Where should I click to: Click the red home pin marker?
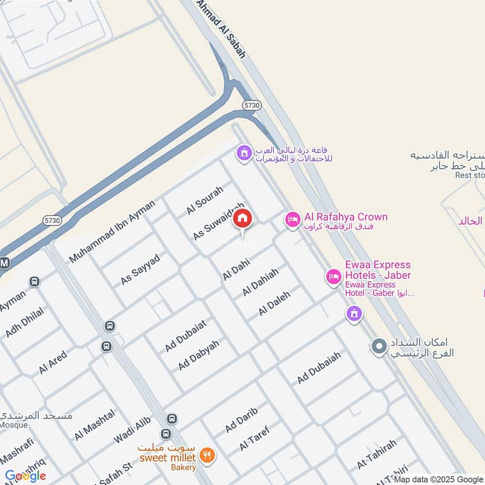click(242, 219)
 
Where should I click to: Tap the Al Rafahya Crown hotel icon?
click(292, 220)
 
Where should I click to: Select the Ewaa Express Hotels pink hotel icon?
click(333, 277)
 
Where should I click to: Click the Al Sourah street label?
click(205, 199)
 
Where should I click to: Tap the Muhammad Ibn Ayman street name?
click(112, 231)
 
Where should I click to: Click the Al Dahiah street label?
click(260, 282)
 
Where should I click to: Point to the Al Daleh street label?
click(275, 303)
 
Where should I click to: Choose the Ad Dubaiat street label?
click(186, 335)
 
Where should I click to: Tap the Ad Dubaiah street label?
click(319, 367)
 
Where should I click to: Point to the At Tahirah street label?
click(376, 454)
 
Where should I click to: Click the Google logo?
click(25, 476)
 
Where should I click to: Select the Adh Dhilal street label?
click(24, 321)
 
